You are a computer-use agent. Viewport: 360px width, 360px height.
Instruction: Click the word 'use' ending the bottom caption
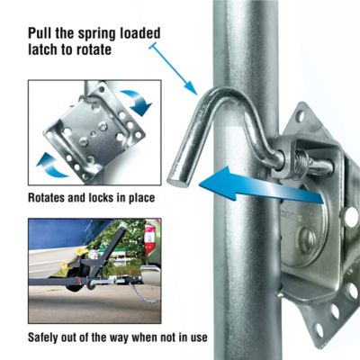pos(198,337)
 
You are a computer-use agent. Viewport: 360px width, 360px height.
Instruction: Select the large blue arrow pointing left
pos(262,185)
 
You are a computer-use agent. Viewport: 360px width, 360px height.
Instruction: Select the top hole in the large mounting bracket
pos(300,115)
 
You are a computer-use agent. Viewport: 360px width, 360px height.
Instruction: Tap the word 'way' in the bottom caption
pos(119,338)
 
